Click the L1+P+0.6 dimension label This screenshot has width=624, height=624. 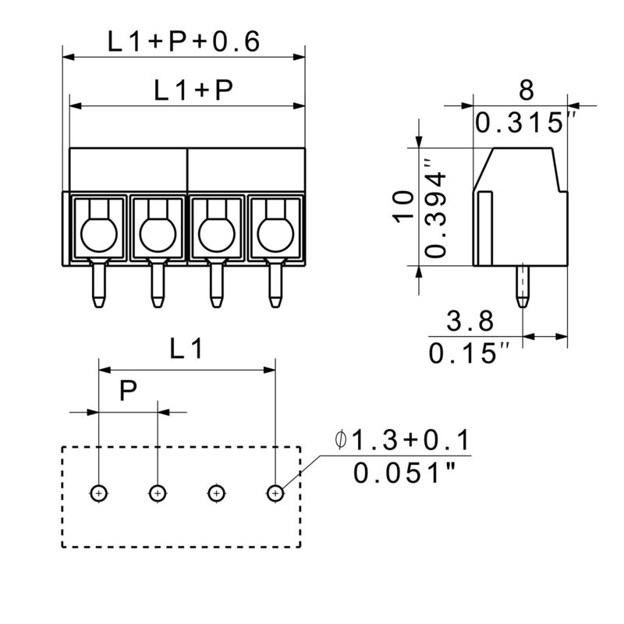183,41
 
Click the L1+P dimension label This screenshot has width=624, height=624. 193,91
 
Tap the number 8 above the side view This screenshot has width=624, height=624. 526,90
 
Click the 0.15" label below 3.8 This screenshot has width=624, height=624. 463,353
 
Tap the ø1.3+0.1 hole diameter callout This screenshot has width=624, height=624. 402,442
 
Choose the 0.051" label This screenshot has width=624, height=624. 404,473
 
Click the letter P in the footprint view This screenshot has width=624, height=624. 129,392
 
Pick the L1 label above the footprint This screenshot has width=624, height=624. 186,352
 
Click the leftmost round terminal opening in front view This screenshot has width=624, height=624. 98,232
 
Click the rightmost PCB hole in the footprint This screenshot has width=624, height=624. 275,493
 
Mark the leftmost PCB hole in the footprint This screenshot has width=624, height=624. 98,493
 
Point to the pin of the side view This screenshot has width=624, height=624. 521,285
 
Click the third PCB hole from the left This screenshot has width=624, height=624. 215,493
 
